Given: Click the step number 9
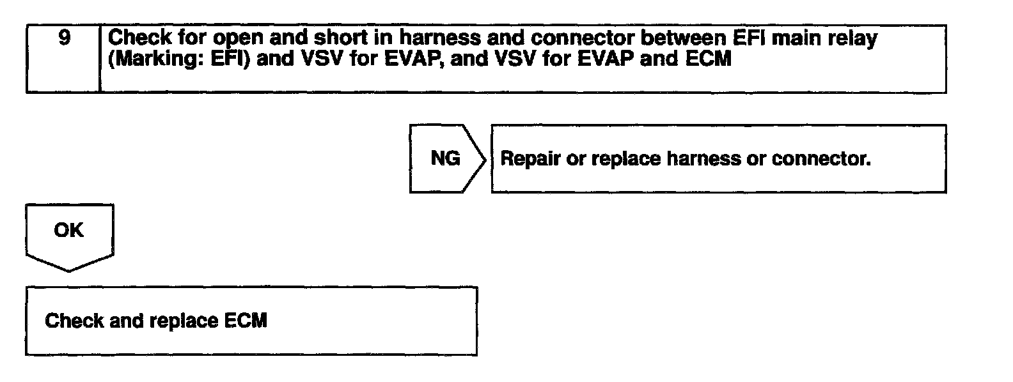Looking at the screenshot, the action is [x=64, y=38].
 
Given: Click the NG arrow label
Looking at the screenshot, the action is [x=445, y=158].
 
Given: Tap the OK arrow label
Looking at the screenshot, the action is [x=69, y=230].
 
